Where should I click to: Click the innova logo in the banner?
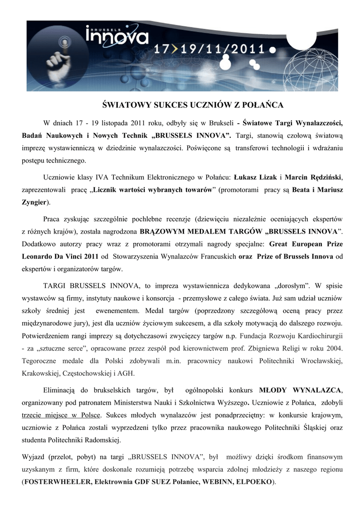[x=117, y=36]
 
